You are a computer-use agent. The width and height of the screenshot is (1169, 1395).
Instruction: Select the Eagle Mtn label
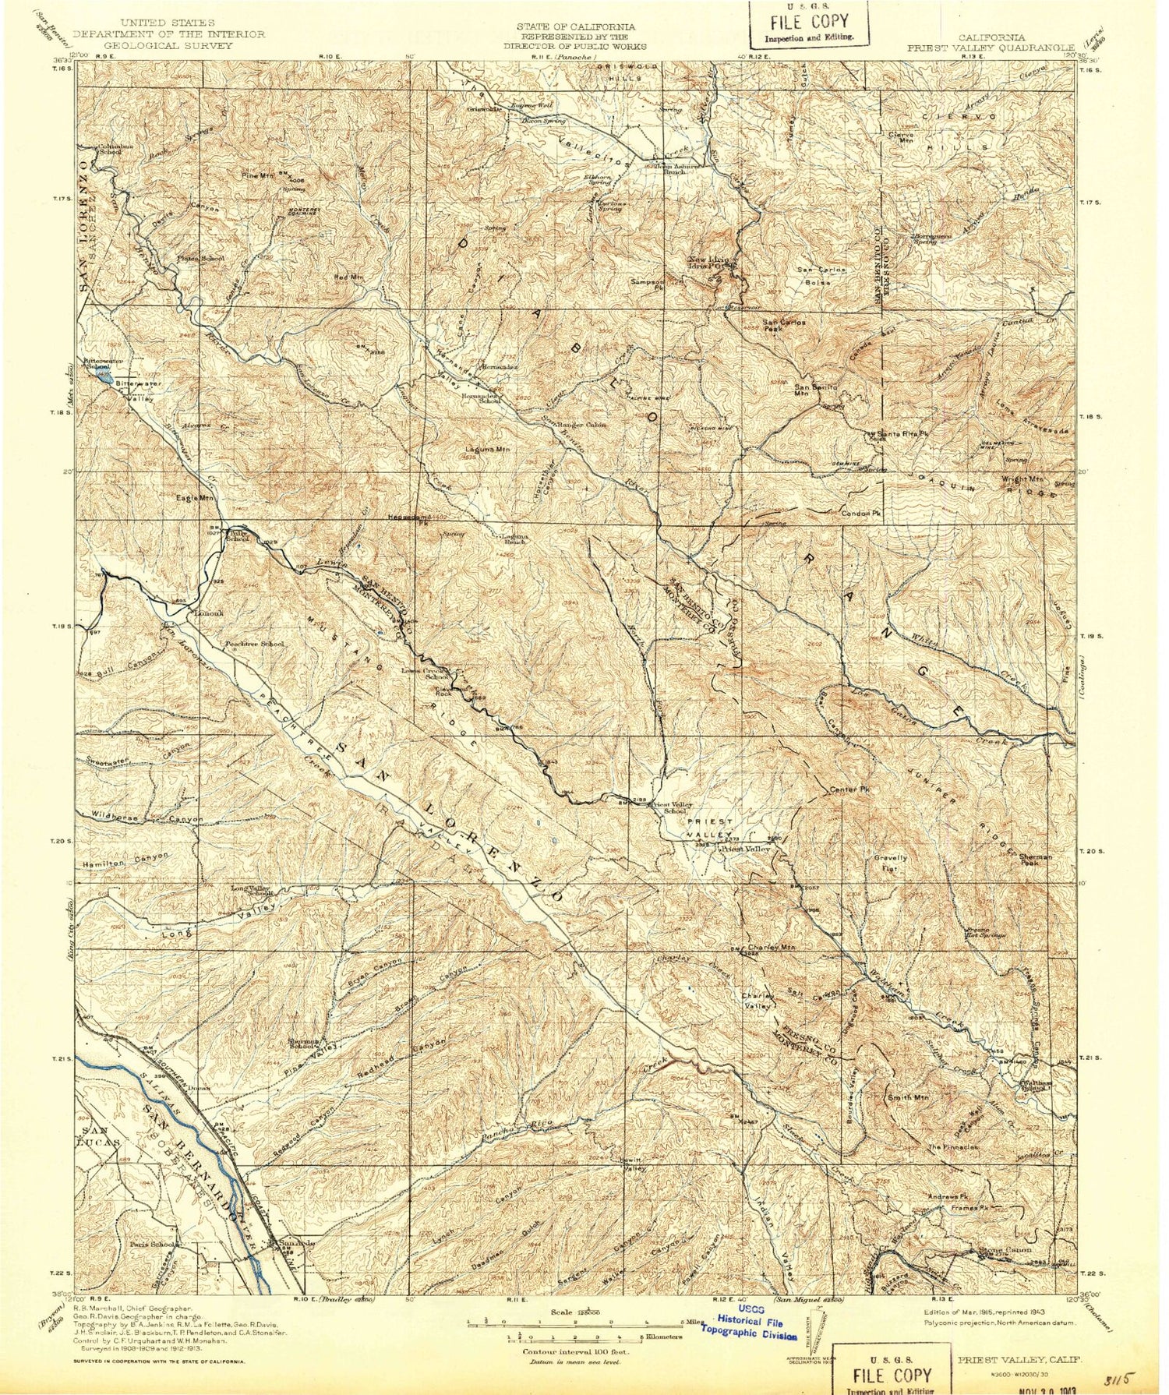(x=195, y=497)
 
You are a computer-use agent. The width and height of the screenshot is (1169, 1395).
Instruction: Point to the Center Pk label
(x=849, y=789)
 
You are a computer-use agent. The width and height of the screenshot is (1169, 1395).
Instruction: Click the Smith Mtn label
(x=908, y=1097)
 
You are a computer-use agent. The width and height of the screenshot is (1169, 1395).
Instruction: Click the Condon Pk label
(x=861, y=514)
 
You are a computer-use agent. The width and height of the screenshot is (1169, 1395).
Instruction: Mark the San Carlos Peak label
(x=783, y=325)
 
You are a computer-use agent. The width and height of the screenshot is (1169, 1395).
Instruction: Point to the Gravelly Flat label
(x=890, y=863)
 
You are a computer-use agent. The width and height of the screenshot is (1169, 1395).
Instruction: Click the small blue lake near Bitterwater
(x=104, y=375)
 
